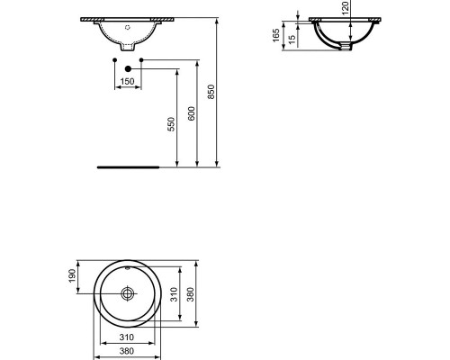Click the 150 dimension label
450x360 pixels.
pos(128,82)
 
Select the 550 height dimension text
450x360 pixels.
pos(172,124)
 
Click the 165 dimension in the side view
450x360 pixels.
pos(276,35)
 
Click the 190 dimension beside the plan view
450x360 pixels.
pos(75,274)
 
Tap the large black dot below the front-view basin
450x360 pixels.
pos(129,68)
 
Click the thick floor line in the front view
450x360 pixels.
pos(128,166)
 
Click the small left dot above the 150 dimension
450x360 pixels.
pos(113,59)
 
